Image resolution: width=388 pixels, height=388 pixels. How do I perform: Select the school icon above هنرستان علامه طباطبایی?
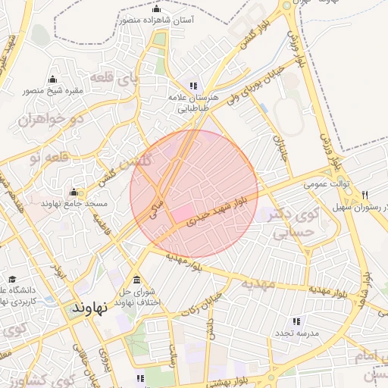tap(193, 86)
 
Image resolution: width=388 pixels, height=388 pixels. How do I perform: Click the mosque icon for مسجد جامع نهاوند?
tap(74, 192)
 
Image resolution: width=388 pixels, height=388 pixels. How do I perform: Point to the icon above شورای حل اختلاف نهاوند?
tap(136, 279)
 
